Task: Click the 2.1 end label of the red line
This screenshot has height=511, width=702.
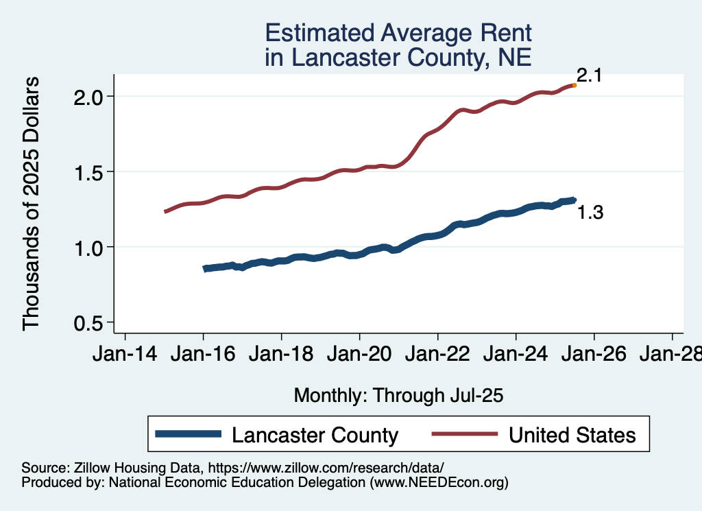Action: coord(589,75)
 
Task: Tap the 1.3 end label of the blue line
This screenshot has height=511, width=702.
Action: coord(590,213)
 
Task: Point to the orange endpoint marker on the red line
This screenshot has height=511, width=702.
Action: coord(574,85)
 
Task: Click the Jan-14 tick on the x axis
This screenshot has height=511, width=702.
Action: coord(125,355)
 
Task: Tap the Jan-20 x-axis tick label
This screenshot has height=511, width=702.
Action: coord(359,355)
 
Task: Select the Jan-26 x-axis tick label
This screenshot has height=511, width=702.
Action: coord(594,355)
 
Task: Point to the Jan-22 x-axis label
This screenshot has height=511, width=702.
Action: coord(437,355)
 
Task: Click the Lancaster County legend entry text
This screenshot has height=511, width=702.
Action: coord(315,435)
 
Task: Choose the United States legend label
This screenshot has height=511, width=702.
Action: coord(572,435)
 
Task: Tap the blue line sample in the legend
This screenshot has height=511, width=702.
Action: coord(189,433)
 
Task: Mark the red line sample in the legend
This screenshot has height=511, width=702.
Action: coord(463,433)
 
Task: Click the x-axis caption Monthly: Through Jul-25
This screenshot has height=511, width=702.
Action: coord(398,396)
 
